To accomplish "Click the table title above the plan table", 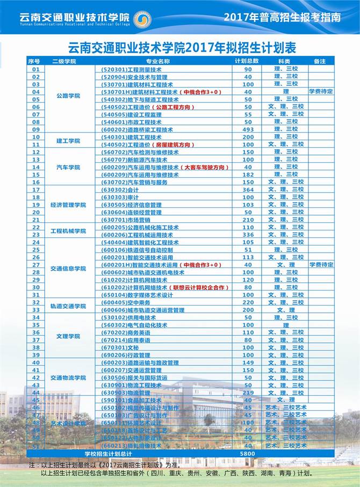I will tap(183, 48).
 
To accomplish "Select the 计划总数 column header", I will tap(247, 61).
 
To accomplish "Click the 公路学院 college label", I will tap(68, 96).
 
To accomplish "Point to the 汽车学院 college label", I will tap(68, 167).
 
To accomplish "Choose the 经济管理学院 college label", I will tap(68, 205).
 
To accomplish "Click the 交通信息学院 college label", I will tap(68, 268).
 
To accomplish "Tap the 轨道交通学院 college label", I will tap(68, 306).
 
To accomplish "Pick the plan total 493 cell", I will tap(248, 129).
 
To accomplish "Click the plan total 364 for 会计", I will tap(248, 190).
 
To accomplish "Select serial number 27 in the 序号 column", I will tap(36, 265).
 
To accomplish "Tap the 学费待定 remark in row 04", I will tap(321, 92).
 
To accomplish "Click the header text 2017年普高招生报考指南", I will tap(282, 17).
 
